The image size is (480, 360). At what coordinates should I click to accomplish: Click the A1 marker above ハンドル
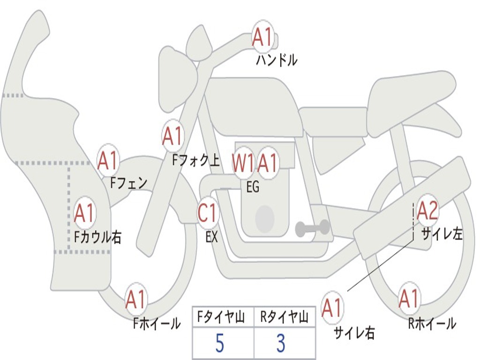262,37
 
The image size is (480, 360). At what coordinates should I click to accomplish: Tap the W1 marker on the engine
243,163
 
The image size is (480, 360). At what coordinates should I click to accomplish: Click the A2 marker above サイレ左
427,210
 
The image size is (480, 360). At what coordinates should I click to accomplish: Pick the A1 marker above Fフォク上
172,136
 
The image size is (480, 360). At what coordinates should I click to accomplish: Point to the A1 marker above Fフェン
108,161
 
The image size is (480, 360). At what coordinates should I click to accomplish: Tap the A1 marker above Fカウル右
84,213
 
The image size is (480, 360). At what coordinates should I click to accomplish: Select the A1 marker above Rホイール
409,299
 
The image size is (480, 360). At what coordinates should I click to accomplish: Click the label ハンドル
277,60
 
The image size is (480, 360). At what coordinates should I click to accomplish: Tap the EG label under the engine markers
253,187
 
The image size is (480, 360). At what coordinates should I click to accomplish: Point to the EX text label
211,237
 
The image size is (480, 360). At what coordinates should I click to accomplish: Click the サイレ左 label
442,233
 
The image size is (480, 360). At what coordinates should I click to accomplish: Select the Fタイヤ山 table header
223,318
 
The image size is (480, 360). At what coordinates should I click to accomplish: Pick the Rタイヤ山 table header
285,318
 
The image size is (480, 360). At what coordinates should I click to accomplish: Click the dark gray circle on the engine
264,218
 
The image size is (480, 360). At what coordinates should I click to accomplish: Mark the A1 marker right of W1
268,163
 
